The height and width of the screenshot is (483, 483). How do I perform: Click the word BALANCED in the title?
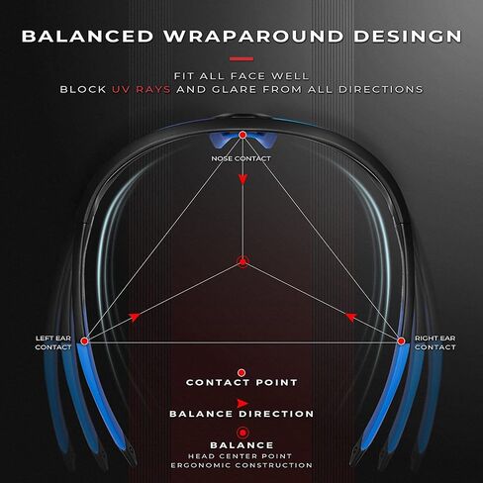tap(87, 37)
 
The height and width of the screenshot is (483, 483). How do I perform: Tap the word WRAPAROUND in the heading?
tap(253, 37)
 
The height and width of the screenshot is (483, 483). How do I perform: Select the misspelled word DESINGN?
tap(408, 37)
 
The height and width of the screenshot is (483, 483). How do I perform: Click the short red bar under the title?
tap(241, 59)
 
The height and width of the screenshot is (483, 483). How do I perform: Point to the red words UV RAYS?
tap(142, 89)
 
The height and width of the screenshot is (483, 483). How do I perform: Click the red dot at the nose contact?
tap(242, 135)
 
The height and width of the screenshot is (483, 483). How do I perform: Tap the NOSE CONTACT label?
tap(241, 158)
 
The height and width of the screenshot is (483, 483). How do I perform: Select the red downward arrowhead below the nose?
tap(242, 180)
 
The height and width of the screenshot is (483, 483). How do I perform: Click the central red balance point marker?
tap(242, 262)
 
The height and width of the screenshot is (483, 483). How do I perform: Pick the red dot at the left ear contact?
tap(85, 341)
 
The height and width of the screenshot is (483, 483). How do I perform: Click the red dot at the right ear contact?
tap(401, 341)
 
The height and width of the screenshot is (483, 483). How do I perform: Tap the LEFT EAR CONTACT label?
tap(53, 342)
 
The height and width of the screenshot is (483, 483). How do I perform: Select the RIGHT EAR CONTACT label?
tap(435, 342)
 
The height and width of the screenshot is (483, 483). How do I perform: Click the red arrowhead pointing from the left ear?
tap(135, 317)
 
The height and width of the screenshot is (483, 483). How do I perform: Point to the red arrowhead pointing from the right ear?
tap(351, 318)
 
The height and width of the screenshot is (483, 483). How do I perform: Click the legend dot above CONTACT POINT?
tap(241, 373)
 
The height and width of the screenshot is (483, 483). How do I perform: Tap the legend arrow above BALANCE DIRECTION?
tap(242, 403)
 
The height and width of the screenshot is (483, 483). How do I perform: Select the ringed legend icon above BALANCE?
tap(242, 433)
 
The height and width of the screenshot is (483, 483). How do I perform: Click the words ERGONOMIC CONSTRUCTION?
tap(241, 465)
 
